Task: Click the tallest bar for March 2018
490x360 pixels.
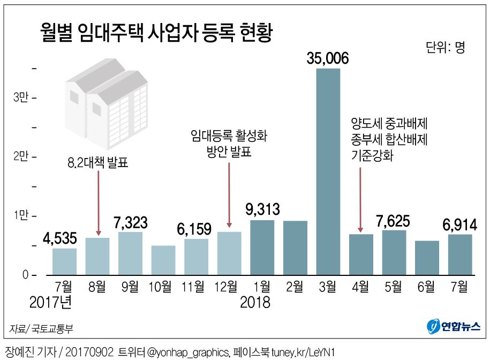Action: (328, 171)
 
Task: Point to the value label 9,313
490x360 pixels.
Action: (262, 209)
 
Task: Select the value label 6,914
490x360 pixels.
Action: (460, 224)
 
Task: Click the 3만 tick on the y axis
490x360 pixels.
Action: (20, 98)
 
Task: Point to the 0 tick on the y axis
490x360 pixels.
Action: (24, 275)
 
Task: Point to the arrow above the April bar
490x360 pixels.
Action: (360, 199)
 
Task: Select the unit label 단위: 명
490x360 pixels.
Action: (446, 47)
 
